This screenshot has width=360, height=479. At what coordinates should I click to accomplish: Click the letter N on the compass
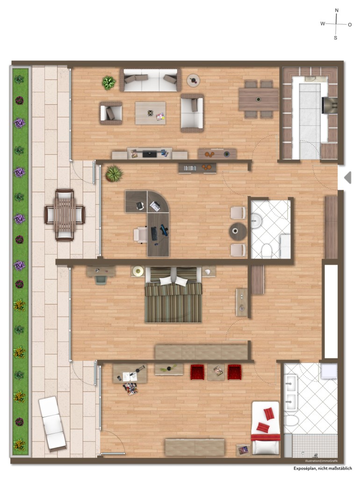pyautogui.click(x=337, y=10)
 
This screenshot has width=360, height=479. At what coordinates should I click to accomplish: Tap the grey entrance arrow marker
pyautogui.click(x=347, y=177)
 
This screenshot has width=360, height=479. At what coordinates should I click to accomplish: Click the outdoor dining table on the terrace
pyautogui.click(x=65, y=215)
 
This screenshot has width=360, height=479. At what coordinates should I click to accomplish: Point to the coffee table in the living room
pyautogui.click(x=150, y=113)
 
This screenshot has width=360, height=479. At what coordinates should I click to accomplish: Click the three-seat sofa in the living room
pyautogui.click(x=151, y=80)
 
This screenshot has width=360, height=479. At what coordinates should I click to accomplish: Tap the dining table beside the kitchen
pyautogui.click(x=259, y=99)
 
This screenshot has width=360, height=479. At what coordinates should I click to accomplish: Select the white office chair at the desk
pyautogui.click(x=140, y=234)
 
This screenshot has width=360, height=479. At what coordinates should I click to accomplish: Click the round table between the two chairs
pyautogui.click(x=238, y=231)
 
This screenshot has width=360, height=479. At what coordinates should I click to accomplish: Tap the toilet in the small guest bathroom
pyautogui.click(x=266, y=251)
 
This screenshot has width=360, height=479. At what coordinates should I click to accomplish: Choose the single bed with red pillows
pyautogui.click(x=266, y=428)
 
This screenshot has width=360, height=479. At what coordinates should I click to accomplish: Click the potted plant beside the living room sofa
pyautogui.click(x=108, y=83)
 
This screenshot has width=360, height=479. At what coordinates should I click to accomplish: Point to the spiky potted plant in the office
pyautogui.click(x=113, y=174)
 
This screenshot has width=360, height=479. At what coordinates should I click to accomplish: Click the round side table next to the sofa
pyautogui.click(x=193, y=80)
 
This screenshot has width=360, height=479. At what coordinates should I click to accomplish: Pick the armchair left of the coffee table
pyautogui.click(x=111, y=113)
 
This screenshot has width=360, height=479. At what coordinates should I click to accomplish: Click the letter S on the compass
pyautogui.click(x=335, y=38)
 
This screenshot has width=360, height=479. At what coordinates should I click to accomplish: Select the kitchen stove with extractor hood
pyautogui.click(x=330, y=105)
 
